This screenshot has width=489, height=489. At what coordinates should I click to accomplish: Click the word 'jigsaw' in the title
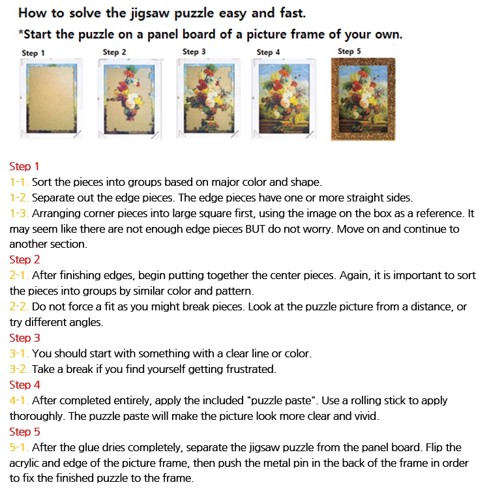coord(150,14)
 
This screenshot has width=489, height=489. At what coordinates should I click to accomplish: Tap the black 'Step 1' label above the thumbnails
coord(33,53)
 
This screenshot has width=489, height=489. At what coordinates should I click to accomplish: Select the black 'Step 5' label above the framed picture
coord(349,51)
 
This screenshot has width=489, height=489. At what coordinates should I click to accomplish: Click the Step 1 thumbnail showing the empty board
coord(51,98)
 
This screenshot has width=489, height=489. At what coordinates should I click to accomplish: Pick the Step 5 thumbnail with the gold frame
coord(363,99)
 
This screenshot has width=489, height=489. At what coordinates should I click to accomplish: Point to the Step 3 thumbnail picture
coord(209,98)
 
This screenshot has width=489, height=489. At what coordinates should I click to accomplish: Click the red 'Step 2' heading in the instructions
coord(25,259)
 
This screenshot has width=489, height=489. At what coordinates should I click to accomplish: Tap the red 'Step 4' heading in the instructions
coord(25,385)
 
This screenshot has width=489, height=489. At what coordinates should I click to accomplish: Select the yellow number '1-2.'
coord(19,198)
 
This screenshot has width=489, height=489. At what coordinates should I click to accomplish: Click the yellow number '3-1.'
coord(19,353)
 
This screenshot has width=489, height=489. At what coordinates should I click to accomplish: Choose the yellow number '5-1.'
coord(19,447)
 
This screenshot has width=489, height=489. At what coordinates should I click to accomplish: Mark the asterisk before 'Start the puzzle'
coord(21,32)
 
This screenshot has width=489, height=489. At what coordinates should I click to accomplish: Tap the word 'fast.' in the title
coord(293,13)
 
